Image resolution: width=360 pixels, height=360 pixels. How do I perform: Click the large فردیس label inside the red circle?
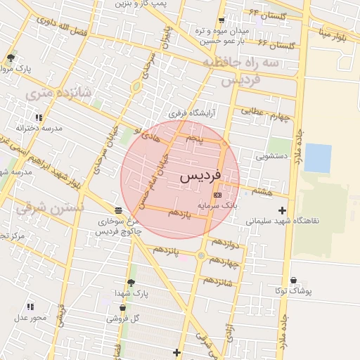[200, 176]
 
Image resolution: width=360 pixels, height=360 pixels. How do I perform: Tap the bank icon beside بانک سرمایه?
[217, 194]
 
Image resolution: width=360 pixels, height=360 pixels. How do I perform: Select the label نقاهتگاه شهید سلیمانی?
[283, 221]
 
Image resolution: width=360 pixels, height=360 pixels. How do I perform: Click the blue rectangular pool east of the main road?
[318, 157]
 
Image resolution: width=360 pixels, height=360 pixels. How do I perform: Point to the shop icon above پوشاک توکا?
[293, 281]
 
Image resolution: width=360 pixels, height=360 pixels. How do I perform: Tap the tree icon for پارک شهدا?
[124, 281]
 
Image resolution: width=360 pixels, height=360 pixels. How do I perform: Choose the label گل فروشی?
[124, 319]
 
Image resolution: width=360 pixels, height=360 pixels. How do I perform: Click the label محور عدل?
[31, 318]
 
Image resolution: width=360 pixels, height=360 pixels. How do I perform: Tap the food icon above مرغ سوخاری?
[117, 210]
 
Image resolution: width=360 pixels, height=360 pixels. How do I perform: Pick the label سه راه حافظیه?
[243, 63]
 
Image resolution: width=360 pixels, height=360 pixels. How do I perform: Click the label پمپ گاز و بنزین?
[145, 4]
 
